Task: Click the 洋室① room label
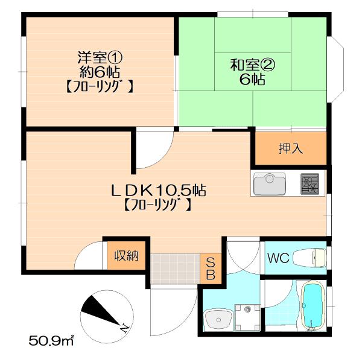click(x=100, y=58)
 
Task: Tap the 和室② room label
click(x=253, y=63)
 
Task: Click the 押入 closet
click(x=290, y=148)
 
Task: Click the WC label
click(x=279, y=259)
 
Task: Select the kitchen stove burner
click(x=310, y=183)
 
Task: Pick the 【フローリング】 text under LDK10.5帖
click(x=158, y=205)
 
